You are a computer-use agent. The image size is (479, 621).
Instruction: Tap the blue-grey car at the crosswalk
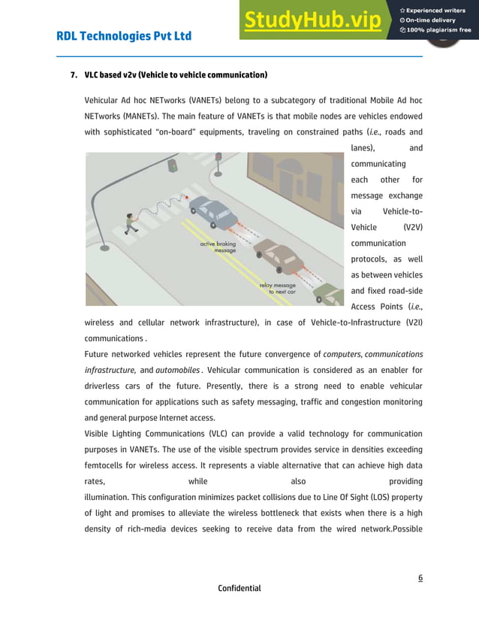click(212, 212)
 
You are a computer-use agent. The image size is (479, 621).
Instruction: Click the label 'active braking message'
click(218, 247)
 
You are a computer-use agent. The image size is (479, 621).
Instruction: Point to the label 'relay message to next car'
click(277, 288)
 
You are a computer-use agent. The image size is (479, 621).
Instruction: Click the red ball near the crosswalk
click(187, 198)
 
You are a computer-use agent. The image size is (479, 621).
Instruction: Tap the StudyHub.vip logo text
click(312, 20)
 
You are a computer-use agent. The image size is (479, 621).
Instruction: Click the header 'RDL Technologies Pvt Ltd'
click(124, 36)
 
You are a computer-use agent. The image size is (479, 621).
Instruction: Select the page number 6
click(420, 577)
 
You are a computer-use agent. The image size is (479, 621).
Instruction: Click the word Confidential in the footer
click(239, 588)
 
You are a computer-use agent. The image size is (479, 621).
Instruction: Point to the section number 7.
click(73, 76)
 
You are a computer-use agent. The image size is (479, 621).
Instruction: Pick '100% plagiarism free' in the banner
click(436, 30)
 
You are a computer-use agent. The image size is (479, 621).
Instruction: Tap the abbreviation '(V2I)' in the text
click(410, 323)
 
